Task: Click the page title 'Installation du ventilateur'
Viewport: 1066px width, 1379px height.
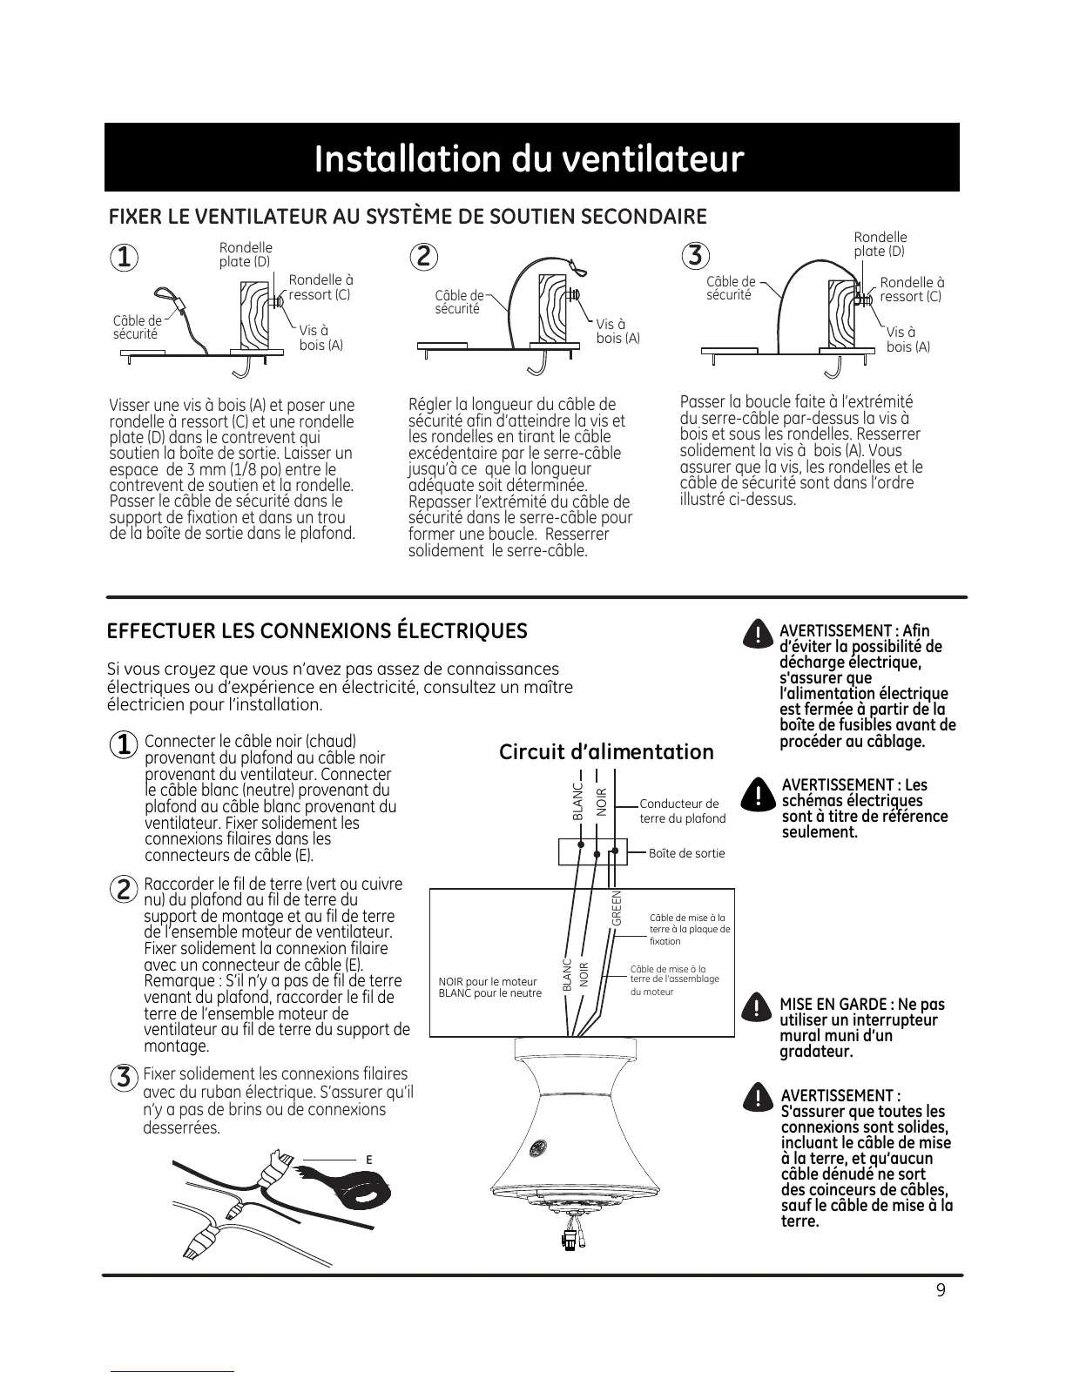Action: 530,159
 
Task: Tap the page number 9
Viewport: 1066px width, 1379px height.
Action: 941,1290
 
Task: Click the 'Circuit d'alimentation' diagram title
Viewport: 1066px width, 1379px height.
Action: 606,752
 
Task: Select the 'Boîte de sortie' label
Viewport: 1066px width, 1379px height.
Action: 686,853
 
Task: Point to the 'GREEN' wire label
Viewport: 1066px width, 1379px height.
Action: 617,908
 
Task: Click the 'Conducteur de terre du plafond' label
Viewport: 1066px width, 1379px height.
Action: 682,811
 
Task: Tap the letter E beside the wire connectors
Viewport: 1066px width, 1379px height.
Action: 368,1160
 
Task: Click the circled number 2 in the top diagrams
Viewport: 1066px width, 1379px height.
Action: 423,258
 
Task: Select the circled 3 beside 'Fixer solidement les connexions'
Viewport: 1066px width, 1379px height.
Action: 125,1077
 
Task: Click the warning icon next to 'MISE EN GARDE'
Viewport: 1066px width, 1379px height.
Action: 759,1009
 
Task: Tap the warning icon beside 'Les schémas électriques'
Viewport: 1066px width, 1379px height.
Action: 759,793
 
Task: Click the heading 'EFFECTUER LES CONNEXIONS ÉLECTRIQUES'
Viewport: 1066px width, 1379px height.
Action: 317,631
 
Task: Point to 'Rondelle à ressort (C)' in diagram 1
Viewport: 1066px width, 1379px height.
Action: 320,287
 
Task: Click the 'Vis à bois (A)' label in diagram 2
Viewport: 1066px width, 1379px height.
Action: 617,331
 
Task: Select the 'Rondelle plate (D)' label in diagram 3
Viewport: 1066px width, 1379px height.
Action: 880,244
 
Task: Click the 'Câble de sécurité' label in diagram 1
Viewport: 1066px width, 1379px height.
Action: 137,327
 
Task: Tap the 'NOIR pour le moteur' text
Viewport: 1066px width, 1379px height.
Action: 488,982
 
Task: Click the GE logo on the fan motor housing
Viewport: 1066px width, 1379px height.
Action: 536,1148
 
